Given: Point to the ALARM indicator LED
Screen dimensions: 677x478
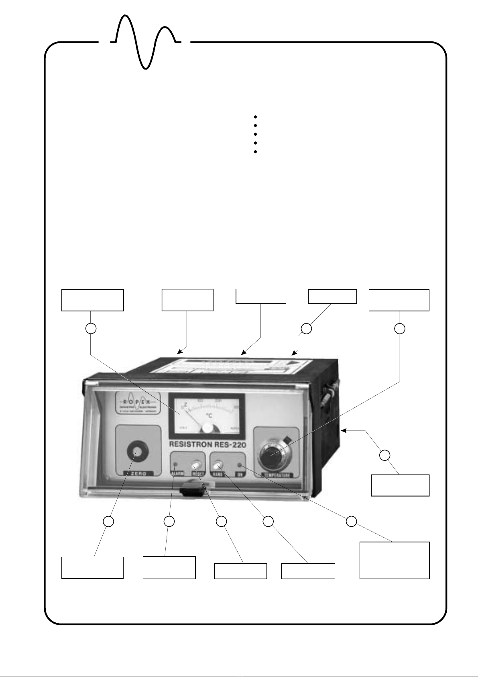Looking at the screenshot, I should click(x=175, y=465).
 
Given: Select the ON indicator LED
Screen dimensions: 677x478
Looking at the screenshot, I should click(x=240, y=465).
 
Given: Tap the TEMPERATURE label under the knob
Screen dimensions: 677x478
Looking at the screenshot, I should click(x=277, y=475).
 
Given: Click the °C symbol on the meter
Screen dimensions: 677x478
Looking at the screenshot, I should click(x=209, y=415).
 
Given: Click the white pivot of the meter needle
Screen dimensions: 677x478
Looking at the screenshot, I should click(x=207, y=428).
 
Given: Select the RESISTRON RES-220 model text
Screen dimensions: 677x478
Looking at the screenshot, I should click(x=207, y=445).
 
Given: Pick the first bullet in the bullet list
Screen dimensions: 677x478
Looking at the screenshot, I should click(x=255, y=117).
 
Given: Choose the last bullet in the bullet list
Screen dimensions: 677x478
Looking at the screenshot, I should click(x=255, y=152).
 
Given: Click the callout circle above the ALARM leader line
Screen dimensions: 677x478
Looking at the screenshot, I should click(x=169, y=522).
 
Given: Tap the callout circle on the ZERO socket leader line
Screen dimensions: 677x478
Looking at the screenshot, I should click(x=108, y=522).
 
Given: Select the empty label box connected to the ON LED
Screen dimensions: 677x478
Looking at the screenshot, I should click(x=394, y=560).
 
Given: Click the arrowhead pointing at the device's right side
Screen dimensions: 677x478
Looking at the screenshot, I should click(x=344, y=431).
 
